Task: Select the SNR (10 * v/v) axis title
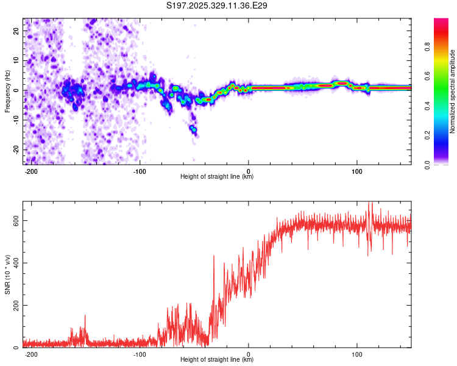pyautogui.click(x=7, y=274)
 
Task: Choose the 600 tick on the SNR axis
pyautogui.click(x=14, y=220)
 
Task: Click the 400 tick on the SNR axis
pyautogui.click(x=14, y=263)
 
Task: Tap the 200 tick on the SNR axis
pyautogui.click(x=14, y=305)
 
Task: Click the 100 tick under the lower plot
pyautogui.click(x=357, y=354)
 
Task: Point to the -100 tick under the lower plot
pyautogui.click(x=140, y=354)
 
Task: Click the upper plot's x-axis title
pyautogui.click(x=218, y=177)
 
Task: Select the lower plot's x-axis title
pyautogui.click(x=218, y=360)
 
